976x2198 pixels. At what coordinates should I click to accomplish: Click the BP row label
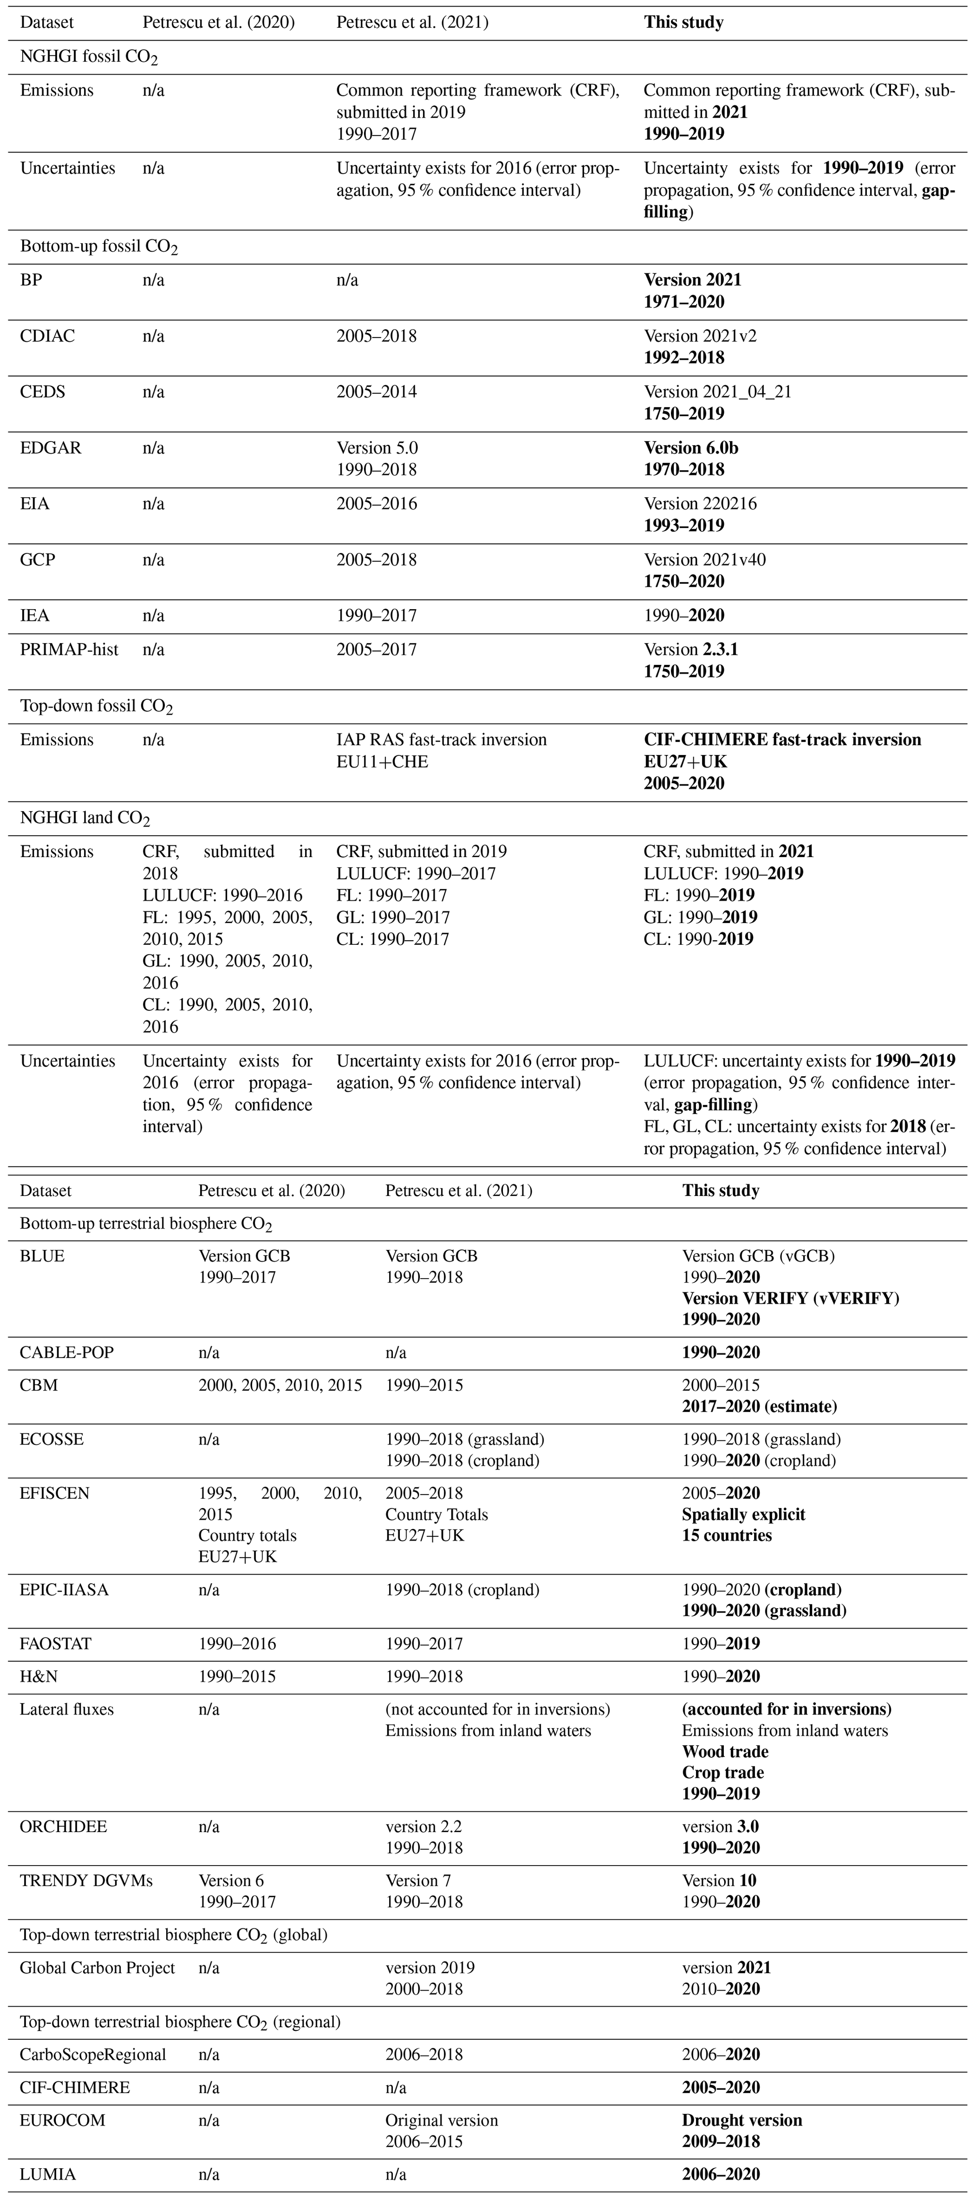point(32,280)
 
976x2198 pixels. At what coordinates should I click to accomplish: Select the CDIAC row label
point(48,336)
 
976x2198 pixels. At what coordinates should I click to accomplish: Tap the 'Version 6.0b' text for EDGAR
point(696,448)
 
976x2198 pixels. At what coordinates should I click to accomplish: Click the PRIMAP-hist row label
point(69,649)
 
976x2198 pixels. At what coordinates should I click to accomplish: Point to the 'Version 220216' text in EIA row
point(700,503)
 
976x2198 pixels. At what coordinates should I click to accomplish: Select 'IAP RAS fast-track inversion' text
point(441,740)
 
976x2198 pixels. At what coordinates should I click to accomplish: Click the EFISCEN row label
point(55,1493)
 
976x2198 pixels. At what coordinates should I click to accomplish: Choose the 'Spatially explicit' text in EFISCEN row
point(743,1515)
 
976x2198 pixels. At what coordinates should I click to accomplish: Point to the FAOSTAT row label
point(55,1643)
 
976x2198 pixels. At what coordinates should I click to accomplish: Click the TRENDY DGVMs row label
point(86,1881)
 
